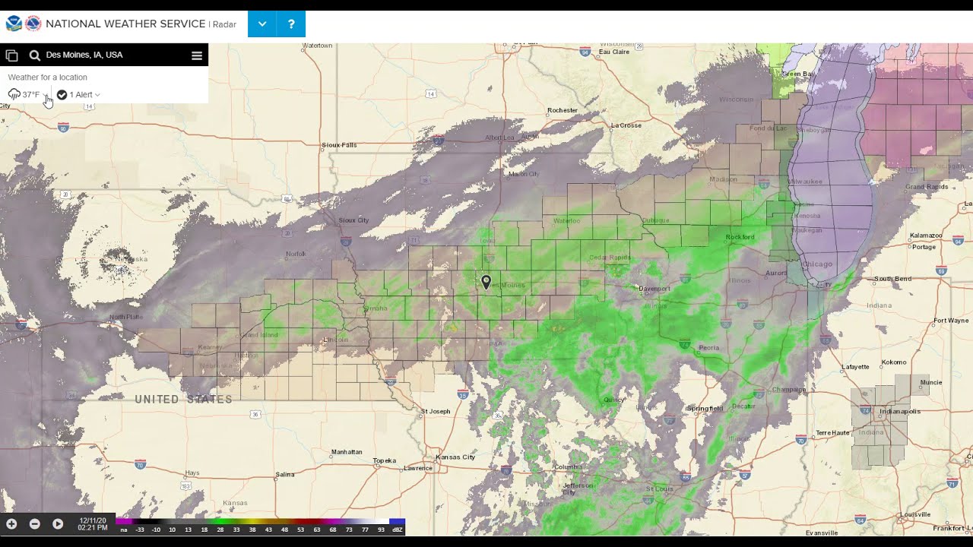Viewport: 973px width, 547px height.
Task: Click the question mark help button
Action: click(291, 24)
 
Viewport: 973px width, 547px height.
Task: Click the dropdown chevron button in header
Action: click(262, 24)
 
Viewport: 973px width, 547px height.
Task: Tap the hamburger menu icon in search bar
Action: click(196, 55)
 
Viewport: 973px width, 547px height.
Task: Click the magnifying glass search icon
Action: click(35, 55)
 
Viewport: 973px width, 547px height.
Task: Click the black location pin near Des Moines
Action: click(486, 282)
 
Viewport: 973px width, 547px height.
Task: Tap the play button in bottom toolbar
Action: click(58, 524)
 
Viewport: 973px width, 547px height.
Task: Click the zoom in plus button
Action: click(11, 524)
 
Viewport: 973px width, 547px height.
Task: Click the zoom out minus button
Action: click(34, 524)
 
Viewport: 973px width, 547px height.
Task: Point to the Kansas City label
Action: click(455, 457)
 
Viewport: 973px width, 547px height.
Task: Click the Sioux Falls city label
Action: click(339, 145)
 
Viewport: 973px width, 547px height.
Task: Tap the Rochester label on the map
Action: click(563, 111)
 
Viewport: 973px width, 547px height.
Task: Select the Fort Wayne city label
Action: click(951, 321)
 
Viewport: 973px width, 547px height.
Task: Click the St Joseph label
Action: click(436, 412)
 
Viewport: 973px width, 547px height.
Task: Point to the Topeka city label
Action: click(385, 461)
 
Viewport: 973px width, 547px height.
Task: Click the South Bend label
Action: click(892, 279)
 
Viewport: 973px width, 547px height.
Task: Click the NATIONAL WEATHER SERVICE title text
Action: click(125, 24)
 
